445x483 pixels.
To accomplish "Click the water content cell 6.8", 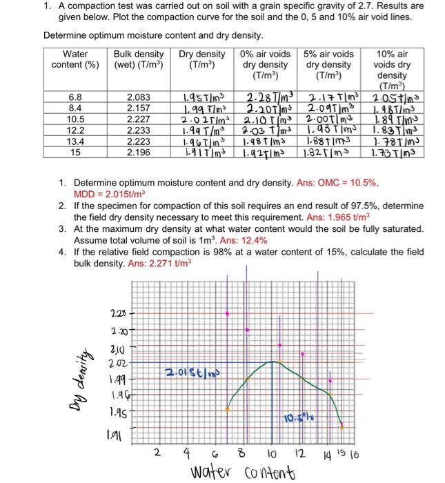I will point(75,98).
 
